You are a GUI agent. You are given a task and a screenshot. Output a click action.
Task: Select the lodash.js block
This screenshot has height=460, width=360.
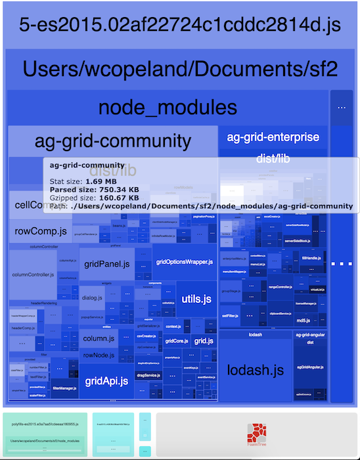[256, 369]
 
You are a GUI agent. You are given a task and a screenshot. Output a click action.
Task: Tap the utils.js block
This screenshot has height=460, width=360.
[196, 299]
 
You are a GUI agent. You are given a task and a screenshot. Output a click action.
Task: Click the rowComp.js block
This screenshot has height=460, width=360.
[41, 231]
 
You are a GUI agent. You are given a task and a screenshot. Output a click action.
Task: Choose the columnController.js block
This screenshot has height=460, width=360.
[32, 273]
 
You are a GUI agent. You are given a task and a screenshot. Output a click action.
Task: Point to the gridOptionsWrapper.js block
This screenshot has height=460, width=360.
[185, 262]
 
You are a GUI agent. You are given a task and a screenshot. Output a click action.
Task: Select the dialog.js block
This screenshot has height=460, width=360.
[93, 298]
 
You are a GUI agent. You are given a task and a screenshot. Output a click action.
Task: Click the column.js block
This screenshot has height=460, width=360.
[99, 338]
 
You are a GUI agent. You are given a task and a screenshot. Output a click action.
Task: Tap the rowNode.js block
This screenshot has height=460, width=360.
[99, 355]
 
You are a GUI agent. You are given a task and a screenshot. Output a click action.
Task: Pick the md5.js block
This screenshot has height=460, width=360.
[303, 320]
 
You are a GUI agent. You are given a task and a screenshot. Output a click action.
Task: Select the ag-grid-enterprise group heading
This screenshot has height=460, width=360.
[273, 137]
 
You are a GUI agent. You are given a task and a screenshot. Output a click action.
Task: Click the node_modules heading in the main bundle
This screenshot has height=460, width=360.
[168, 107]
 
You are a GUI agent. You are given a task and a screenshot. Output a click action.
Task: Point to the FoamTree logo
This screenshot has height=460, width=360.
[256, 434]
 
